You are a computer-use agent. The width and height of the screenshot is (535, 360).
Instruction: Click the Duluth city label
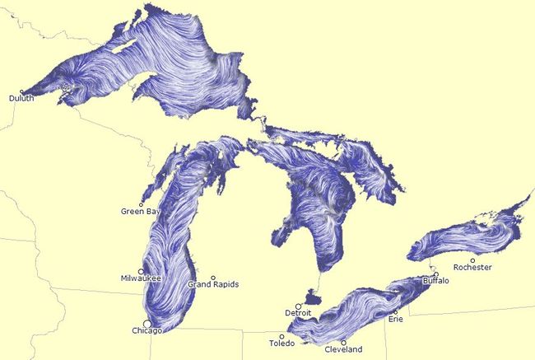(x=21, y=99)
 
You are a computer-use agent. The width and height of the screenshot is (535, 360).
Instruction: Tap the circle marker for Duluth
(x=21, y=91)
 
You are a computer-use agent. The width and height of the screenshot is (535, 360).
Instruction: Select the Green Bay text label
(x=141, y=212)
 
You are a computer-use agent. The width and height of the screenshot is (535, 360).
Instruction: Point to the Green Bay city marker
(x=142, y=204)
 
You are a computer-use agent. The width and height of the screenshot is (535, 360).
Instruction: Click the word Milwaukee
(x=141, y=278)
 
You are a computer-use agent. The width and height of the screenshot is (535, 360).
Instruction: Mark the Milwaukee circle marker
(x=142, y=271)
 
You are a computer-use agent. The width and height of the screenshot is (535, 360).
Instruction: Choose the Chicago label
(x=147, y=331)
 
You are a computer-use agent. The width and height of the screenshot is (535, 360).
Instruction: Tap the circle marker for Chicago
(x=147, y=323)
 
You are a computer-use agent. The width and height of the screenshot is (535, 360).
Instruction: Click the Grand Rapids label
(x=213, y=285)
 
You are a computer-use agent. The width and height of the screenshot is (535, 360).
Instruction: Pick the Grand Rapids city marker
(x=213, y=278)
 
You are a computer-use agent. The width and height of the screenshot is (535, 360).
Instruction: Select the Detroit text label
(x=298, y=314)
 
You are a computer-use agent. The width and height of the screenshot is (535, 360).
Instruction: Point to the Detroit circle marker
(x=299, y=306)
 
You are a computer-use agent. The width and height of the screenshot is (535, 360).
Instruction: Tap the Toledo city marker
(x=281, y=336)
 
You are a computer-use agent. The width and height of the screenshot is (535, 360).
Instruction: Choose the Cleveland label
(x=343, y=350)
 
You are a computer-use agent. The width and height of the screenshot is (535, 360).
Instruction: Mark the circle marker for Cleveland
(x=343, y=342)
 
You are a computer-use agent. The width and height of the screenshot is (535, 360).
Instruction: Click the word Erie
(x=395, y=320)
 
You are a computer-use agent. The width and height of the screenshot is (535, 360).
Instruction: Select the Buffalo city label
(x=435, y=281)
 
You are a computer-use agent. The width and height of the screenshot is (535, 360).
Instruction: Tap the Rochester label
(x=472, y=268)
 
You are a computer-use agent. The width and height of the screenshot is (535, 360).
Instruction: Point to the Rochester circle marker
(x=472, y=260)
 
